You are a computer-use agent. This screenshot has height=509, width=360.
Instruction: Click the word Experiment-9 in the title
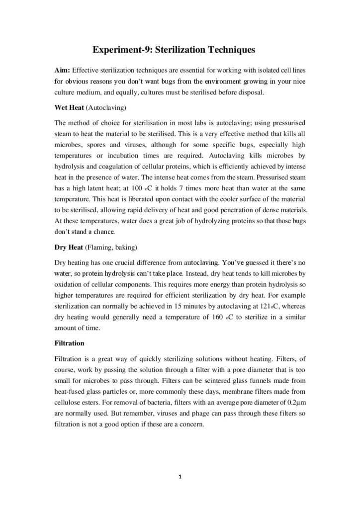pos(118,50)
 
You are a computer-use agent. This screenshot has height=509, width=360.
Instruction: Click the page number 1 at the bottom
pos(180,478)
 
